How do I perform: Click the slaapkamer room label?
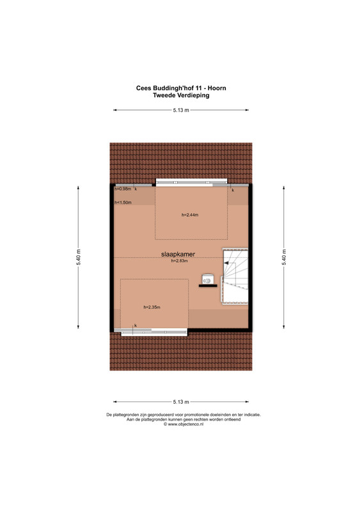click(178, 254)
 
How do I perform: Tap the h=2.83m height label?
click(180, 261)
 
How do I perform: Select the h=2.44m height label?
click(190, 215)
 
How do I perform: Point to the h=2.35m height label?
click(152, 307)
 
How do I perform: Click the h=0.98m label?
click(123, 189)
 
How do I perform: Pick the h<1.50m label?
click(123, 202)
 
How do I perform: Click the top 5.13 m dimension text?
click(181, 110)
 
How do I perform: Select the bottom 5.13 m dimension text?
click(181, 402)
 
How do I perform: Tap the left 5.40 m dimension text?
click(78, 258)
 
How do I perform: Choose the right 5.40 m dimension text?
click(284, 258)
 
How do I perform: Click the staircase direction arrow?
click(230, 263)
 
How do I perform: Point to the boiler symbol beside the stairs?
click(208, 279)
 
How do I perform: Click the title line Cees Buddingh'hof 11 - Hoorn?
click(181, 88)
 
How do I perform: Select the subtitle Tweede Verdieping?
click(181, 95)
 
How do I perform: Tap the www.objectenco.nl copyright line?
click(184, 424)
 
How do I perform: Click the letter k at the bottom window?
click(136, 326)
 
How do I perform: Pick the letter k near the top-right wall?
click(233, 190)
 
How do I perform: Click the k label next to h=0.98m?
click(136, 189)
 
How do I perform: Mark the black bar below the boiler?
click(208, 286)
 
